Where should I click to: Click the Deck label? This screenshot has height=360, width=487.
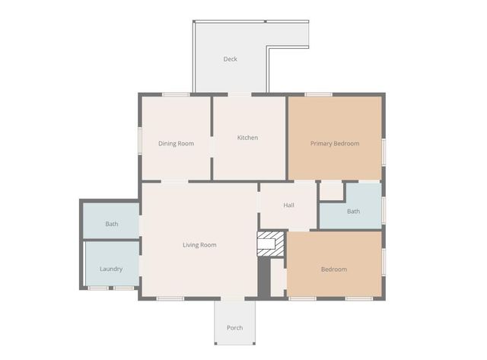231,59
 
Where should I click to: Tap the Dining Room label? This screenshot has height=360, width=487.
176,143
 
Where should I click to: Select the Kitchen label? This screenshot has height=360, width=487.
247,138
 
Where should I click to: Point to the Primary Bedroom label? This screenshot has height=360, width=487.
335,143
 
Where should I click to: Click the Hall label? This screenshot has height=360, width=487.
289,205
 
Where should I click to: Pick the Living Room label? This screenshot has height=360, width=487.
199,245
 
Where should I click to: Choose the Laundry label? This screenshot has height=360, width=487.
111,269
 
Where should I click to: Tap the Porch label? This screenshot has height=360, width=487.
235,328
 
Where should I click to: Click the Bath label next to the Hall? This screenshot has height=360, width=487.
353,212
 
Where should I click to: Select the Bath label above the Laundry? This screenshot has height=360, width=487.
112,225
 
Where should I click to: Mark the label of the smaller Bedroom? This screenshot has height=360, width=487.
334,269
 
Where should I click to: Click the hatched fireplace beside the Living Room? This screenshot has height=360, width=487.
271,244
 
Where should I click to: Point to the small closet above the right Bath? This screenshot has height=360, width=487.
331,191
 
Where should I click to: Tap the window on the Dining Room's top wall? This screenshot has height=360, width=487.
176,94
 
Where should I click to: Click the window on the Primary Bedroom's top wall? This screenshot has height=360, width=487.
318,94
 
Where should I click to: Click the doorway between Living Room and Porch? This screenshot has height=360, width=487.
234,298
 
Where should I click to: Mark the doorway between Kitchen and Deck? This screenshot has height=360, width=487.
240,94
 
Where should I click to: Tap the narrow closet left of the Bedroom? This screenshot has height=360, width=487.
278,277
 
